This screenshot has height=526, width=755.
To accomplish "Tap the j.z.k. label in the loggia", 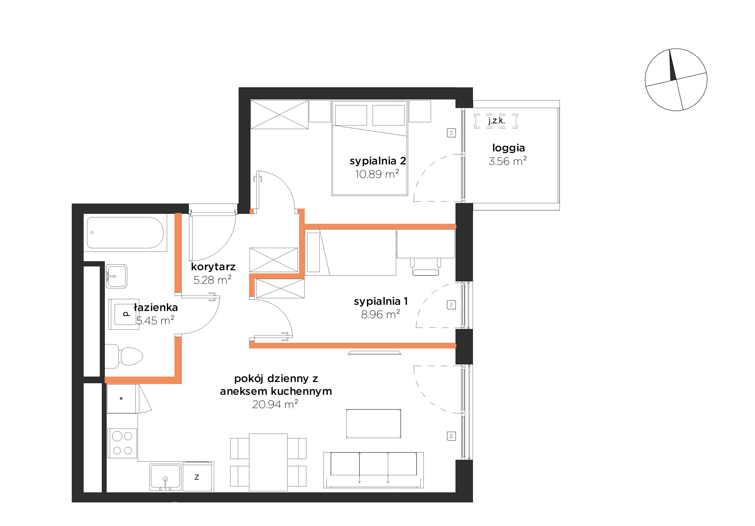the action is pos(496,121).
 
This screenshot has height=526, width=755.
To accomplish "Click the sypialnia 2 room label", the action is pos(378,161).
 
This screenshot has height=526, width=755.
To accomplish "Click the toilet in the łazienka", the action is pos(124,356).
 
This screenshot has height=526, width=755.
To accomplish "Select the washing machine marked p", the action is pos(122,314).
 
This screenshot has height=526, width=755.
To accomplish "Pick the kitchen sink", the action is pos(165,477).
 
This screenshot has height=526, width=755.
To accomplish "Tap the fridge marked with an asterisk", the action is pos(122,399).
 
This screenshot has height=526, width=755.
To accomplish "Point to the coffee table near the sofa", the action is pos(373,423).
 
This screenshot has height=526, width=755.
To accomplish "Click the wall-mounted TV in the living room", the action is pos(374,353).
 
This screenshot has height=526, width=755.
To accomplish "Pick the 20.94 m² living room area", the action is pos(275,404).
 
